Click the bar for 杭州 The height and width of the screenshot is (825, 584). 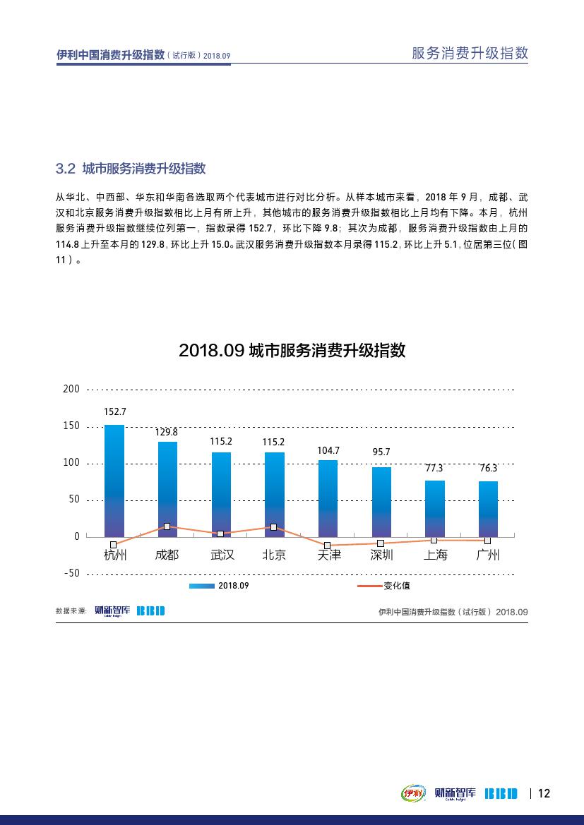tap(114, 480)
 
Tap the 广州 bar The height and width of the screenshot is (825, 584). tap(488, 508)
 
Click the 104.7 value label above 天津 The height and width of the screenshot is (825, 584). tap(328, 450)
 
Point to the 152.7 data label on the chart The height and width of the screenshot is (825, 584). tap(114, 411)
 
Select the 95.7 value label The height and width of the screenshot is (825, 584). tap(381, 452)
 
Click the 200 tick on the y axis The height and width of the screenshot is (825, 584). tap(71, 389)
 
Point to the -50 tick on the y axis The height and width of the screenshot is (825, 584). tap(71, 573)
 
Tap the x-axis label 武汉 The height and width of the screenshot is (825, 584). tap(222, 555)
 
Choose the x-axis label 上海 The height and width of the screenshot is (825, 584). tap(435, 555)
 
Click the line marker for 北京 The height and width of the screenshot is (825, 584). tap(274, 527)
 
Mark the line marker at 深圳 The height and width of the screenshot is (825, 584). tap(381, 543)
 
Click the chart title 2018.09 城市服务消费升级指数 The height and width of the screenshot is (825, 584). tap(292, 351)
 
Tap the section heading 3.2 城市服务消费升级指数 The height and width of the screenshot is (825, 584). tap(131, 169)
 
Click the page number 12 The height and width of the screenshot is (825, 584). tap(544, 793)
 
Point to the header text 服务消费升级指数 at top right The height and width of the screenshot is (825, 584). tap(470, 54)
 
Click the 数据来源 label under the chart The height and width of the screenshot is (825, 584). tap(71, 611)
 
